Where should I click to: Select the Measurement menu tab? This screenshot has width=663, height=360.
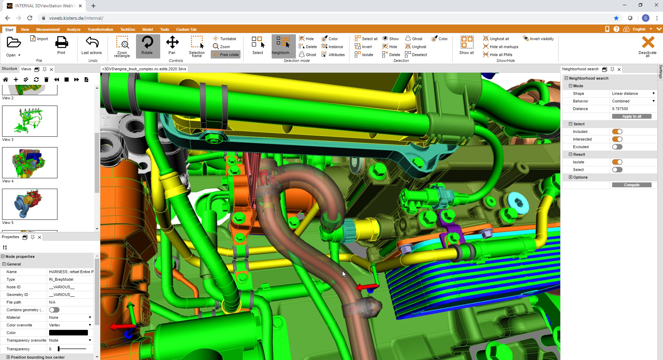point(48,29)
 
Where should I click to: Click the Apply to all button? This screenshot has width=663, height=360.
point(632,116)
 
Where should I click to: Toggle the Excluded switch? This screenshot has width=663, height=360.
point(617,147)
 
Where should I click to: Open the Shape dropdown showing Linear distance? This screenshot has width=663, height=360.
point(633,93)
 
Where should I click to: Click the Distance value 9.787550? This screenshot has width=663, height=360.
point(620,109)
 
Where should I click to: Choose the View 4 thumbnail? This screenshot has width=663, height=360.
point(30,163)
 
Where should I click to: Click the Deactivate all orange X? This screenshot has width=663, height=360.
point(648,43)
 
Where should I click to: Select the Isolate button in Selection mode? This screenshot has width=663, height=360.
point(364,55)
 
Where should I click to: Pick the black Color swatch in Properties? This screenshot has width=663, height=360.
point(69,333)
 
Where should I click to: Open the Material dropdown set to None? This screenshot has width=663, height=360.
point(70,317)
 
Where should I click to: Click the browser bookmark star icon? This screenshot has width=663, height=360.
point(616,18)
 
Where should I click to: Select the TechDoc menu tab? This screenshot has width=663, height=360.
point(128,29)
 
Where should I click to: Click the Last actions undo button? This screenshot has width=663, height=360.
point(92,45)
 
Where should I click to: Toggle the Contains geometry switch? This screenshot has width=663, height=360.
point(54,310)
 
